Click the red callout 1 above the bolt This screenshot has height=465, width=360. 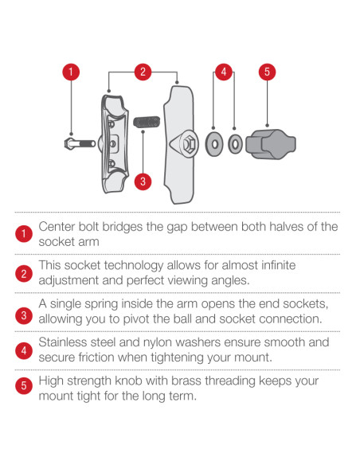[71, 72]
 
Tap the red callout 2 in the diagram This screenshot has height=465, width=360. [143, 72]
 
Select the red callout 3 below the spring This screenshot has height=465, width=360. [143, 182]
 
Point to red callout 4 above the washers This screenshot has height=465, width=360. [224, 72]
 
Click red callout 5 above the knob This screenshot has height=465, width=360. [267, 72]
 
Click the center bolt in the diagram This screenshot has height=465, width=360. [80, 144]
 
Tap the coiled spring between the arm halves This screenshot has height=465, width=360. [147, 122]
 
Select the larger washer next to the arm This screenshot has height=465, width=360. [214, 144]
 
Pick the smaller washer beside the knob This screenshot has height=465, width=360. [235, 144]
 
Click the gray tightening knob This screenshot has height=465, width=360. [271, 144]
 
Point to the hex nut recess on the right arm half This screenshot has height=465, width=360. [189, 144]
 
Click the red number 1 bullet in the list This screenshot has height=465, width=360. [24, 233]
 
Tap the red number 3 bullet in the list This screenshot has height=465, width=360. [24, 315]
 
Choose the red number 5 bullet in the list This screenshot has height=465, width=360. [24, 386]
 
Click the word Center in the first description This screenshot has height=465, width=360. [57, 227]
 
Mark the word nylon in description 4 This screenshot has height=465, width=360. [158, 343]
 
